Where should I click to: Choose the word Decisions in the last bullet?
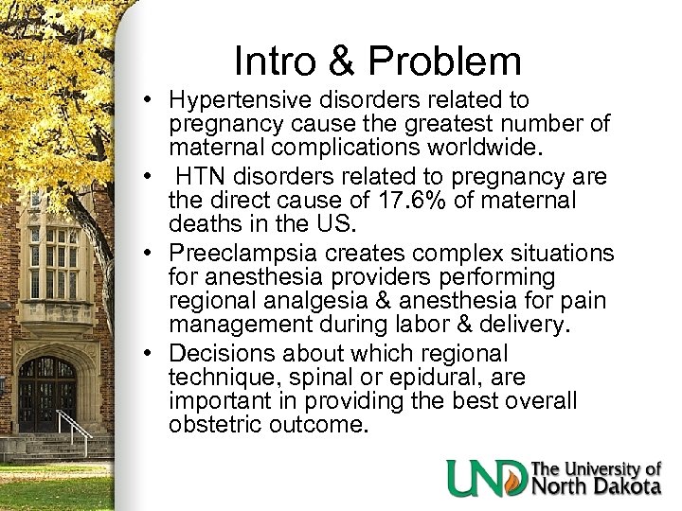(x=214, y=354)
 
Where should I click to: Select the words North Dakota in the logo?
(x=596, y=486)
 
